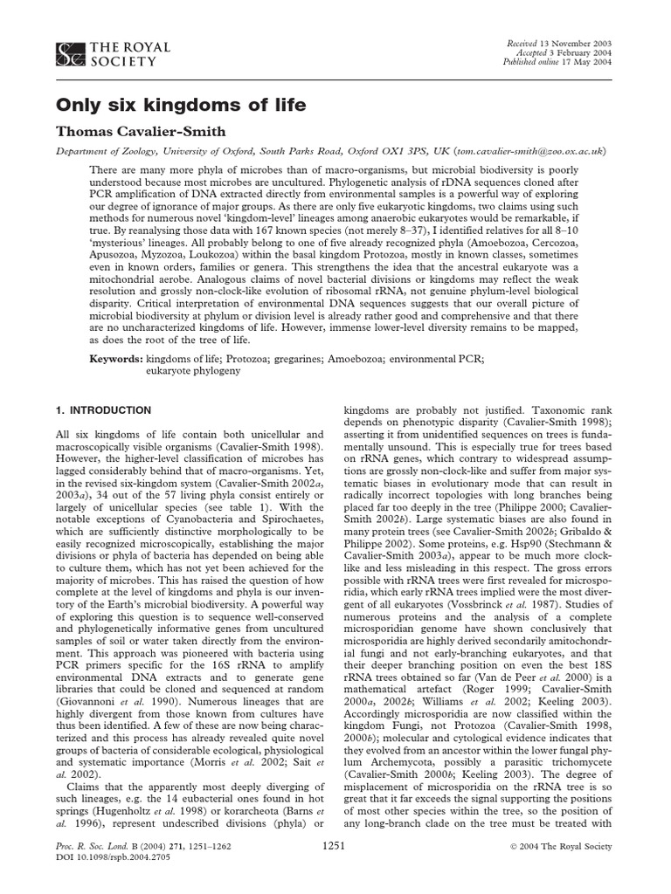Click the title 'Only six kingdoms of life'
coord(181,106)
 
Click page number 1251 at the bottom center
coord(335,846)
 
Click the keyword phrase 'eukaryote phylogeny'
coord(192,371)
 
